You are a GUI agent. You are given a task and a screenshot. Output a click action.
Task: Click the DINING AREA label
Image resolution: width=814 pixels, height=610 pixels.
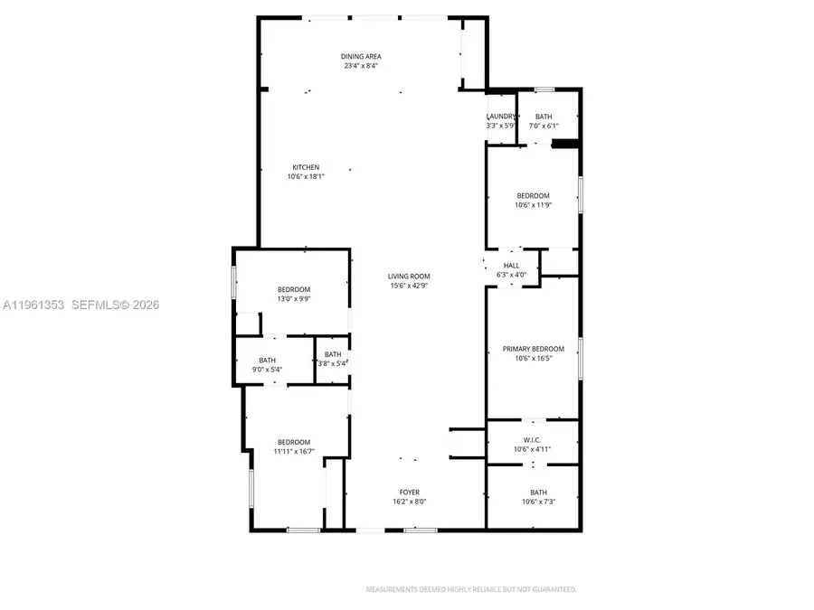point(360,56)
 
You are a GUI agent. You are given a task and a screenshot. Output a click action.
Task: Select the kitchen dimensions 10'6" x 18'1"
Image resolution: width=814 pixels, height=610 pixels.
point(305,177)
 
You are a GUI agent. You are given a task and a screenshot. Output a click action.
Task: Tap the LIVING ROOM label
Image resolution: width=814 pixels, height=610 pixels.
point(409,277)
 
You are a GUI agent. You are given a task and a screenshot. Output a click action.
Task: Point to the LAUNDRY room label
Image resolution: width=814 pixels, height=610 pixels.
point(501,117)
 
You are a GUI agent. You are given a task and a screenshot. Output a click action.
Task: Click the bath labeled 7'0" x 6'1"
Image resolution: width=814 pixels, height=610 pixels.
point(544,126)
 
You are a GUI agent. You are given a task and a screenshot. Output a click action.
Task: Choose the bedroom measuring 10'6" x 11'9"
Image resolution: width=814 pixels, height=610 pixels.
point(533,205)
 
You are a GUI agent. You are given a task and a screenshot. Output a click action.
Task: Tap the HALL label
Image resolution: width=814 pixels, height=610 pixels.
point(511,265)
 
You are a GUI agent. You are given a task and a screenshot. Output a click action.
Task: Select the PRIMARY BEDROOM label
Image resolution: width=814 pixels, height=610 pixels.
point(533,349)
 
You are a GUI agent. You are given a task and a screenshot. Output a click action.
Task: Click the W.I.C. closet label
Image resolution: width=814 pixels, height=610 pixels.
point(533,440)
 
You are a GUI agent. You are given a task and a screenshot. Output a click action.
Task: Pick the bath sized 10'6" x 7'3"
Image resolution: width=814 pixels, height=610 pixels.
point(538,502)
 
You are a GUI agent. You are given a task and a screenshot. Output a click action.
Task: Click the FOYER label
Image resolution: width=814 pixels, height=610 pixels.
point(409,493)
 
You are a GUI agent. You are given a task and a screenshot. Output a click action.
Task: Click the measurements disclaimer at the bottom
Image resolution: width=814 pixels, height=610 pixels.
point(470,589)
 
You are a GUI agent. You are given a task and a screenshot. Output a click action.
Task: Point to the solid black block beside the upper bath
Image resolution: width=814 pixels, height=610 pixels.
point(565,143)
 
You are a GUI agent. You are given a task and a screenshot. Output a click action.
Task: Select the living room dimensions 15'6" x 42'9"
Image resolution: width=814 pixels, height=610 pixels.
point(409,286)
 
